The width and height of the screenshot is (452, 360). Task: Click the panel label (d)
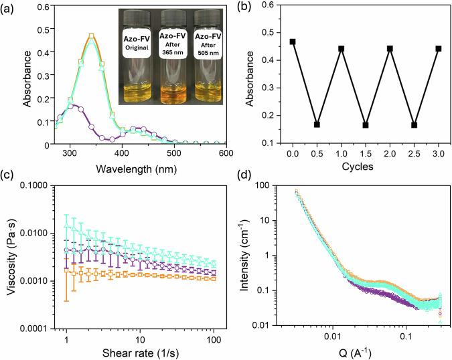click(x=244, y=175)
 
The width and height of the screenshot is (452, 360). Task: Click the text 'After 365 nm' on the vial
click(x=173, y=48)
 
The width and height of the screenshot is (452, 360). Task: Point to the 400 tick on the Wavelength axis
click(x=122, y=153)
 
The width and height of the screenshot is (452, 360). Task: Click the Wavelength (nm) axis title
click(x=137, y=169)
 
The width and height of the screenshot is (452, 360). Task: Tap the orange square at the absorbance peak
click(x=91, y=36)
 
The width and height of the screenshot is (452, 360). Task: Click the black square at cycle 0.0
click(x=293, y=41)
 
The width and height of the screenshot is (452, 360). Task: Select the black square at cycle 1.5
click(x=366, y=125)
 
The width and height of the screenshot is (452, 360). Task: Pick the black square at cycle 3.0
click(x=439, y=49)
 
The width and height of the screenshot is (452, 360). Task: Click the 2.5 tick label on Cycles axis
click(x=414, y=154)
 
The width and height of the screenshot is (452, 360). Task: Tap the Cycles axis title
click(x=358, y=167)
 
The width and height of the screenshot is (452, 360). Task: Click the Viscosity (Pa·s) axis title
click(x=11, y=257)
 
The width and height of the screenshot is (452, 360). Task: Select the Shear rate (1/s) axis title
click(x=141, y=353)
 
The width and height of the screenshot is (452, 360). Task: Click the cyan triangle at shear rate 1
click(x=66, y=226)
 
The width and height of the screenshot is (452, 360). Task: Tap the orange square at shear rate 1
click(x=66, y=270)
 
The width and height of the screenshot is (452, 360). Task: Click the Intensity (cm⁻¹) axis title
click(x=244, y=255)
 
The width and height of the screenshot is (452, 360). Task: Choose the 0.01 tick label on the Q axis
click(x=333, y=336)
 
